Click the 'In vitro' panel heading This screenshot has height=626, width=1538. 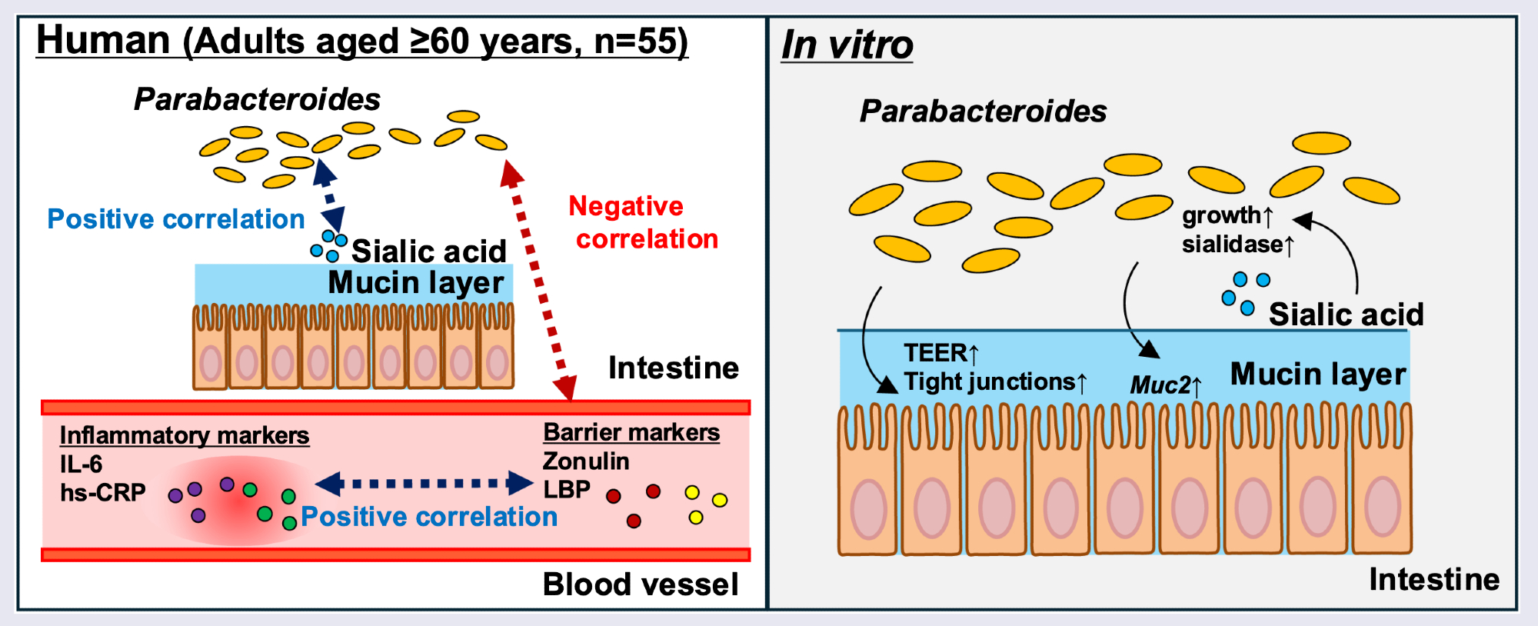(847, 45)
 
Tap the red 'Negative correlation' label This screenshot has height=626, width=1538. (643, 222)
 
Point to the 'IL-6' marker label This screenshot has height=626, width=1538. (81, 465)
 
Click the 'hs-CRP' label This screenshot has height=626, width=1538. (102, 493)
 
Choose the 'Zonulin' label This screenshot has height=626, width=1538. (586, 461)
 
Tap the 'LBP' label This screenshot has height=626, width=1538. (567, 490)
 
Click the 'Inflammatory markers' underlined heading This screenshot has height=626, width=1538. (185, 435)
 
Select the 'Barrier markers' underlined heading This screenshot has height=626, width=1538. (631, 432)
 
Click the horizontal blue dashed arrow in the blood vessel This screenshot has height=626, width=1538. (424, 484)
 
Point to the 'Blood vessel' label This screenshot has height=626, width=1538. (641, 584)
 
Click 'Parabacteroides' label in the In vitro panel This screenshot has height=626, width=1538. (983, 112)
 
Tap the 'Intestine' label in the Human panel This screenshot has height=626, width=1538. (674, 368)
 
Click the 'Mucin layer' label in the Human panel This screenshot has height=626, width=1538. (416, 283)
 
